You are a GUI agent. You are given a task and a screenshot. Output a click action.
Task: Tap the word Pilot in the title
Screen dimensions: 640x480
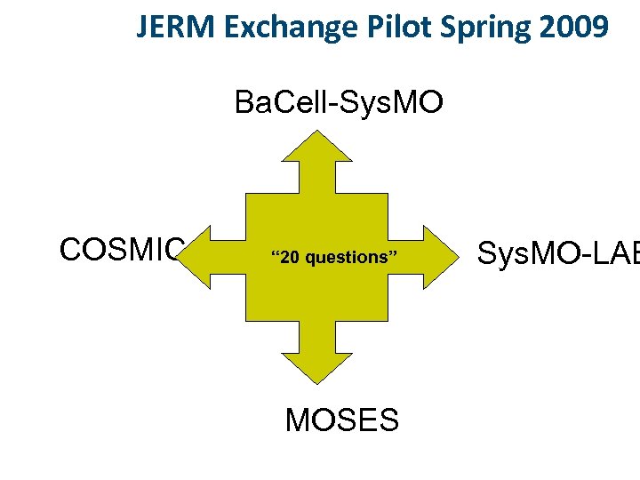[387, 28]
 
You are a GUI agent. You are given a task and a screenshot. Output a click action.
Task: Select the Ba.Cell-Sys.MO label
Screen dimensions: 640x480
[338, 103]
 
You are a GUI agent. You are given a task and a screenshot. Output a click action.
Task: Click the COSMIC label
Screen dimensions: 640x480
[122, 250]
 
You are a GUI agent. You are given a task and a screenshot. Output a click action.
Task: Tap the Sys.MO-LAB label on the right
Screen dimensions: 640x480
[558, 253]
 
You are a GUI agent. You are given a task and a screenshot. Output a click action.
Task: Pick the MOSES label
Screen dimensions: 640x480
[342, 420]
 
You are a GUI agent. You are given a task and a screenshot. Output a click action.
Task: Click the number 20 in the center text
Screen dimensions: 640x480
[289, 258]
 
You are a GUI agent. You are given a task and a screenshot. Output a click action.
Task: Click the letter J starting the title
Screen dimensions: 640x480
[142, 28]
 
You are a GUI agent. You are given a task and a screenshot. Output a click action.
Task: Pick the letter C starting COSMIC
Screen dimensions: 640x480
[71, 250]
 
